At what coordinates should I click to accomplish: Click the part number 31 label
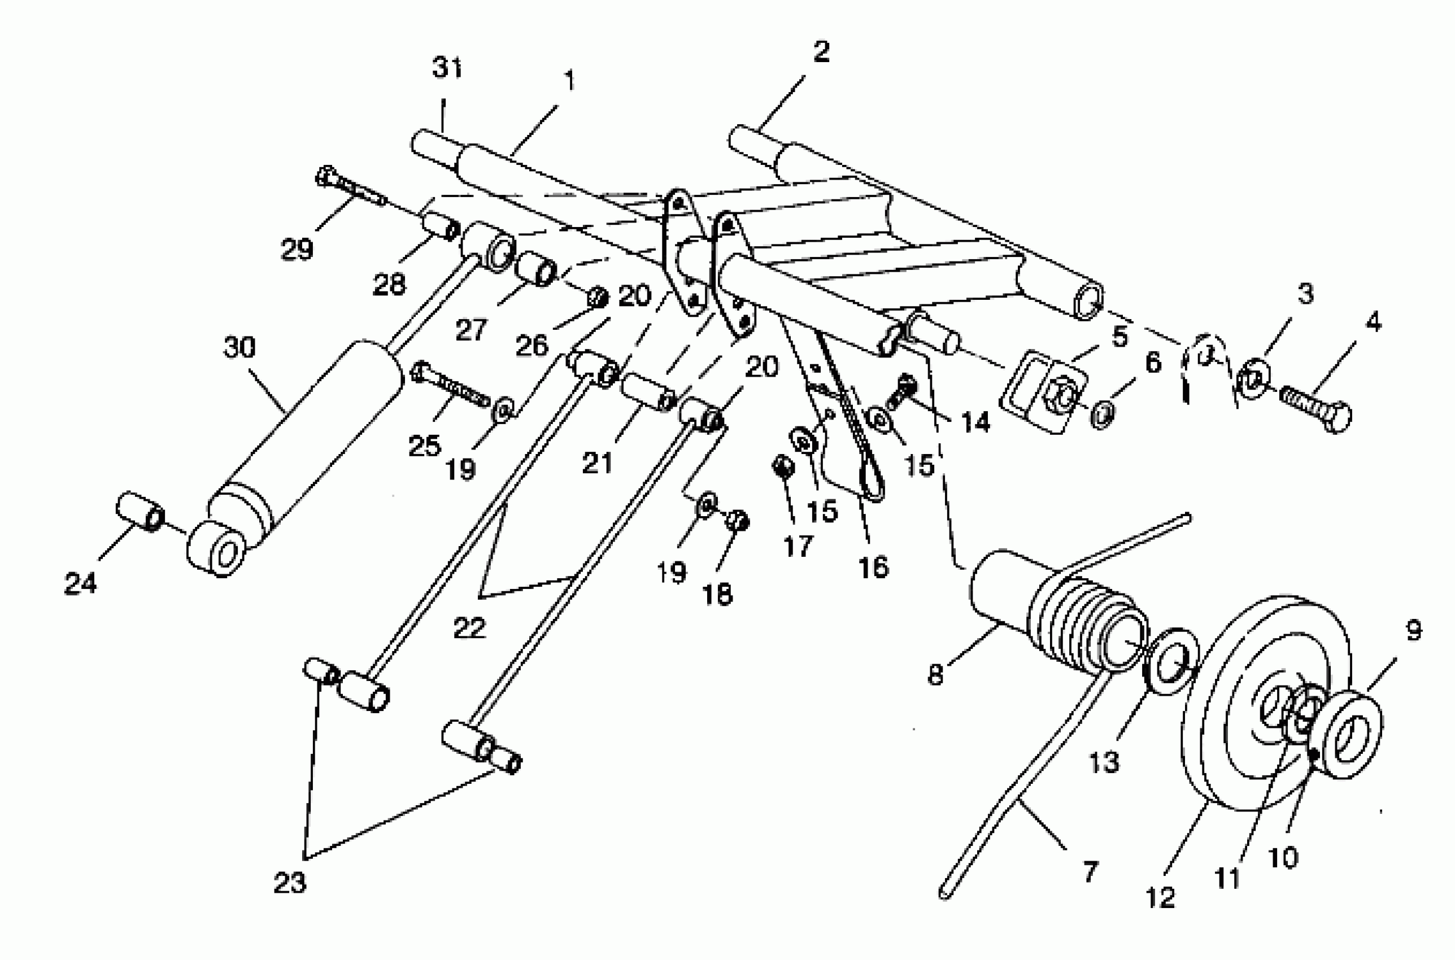click(x=446, y=67)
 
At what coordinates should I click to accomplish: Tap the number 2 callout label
click(x=821, y=51)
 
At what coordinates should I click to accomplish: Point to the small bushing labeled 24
click(x=140, y=510)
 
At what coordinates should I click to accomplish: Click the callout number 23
click(x=289, y=882)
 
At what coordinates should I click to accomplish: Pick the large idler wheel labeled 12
click(x=1267, y=704)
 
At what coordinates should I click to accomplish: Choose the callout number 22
click(x=469, y=627)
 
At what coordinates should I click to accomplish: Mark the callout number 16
click(x=873, y=568)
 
